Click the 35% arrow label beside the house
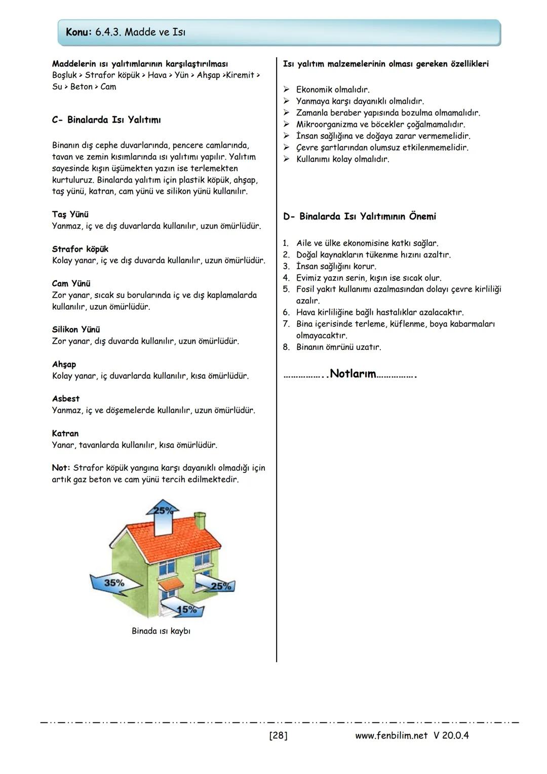[x=114, y=583]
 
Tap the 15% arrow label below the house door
[x=187, y=610]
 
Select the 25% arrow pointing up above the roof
[x=163, y=510]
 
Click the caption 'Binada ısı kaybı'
[x=161, y=631]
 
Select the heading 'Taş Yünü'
[x=70, y=214]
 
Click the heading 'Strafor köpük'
[x=80, y=249]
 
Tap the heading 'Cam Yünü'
[x=71, y=283]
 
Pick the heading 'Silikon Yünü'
[x=76, y=329]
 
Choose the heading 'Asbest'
[x=66, y=399]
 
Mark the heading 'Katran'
[x=65, y=433]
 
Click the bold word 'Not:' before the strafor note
[x=61, y=468]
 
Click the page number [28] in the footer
[x=278, y=735]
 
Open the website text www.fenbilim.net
[x=392, y=735]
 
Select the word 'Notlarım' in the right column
[x=353, y=374]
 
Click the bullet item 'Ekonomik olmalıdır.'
[x=333, y=90]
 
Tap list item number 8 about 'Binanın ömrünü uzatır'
[x=338, y=347]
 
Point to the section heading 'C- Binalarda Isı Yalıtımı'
[x=106, y=120]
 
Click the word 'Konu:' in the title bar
[x=79, y=32]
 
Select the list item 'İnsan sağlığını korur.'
[x=336, y=266]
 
